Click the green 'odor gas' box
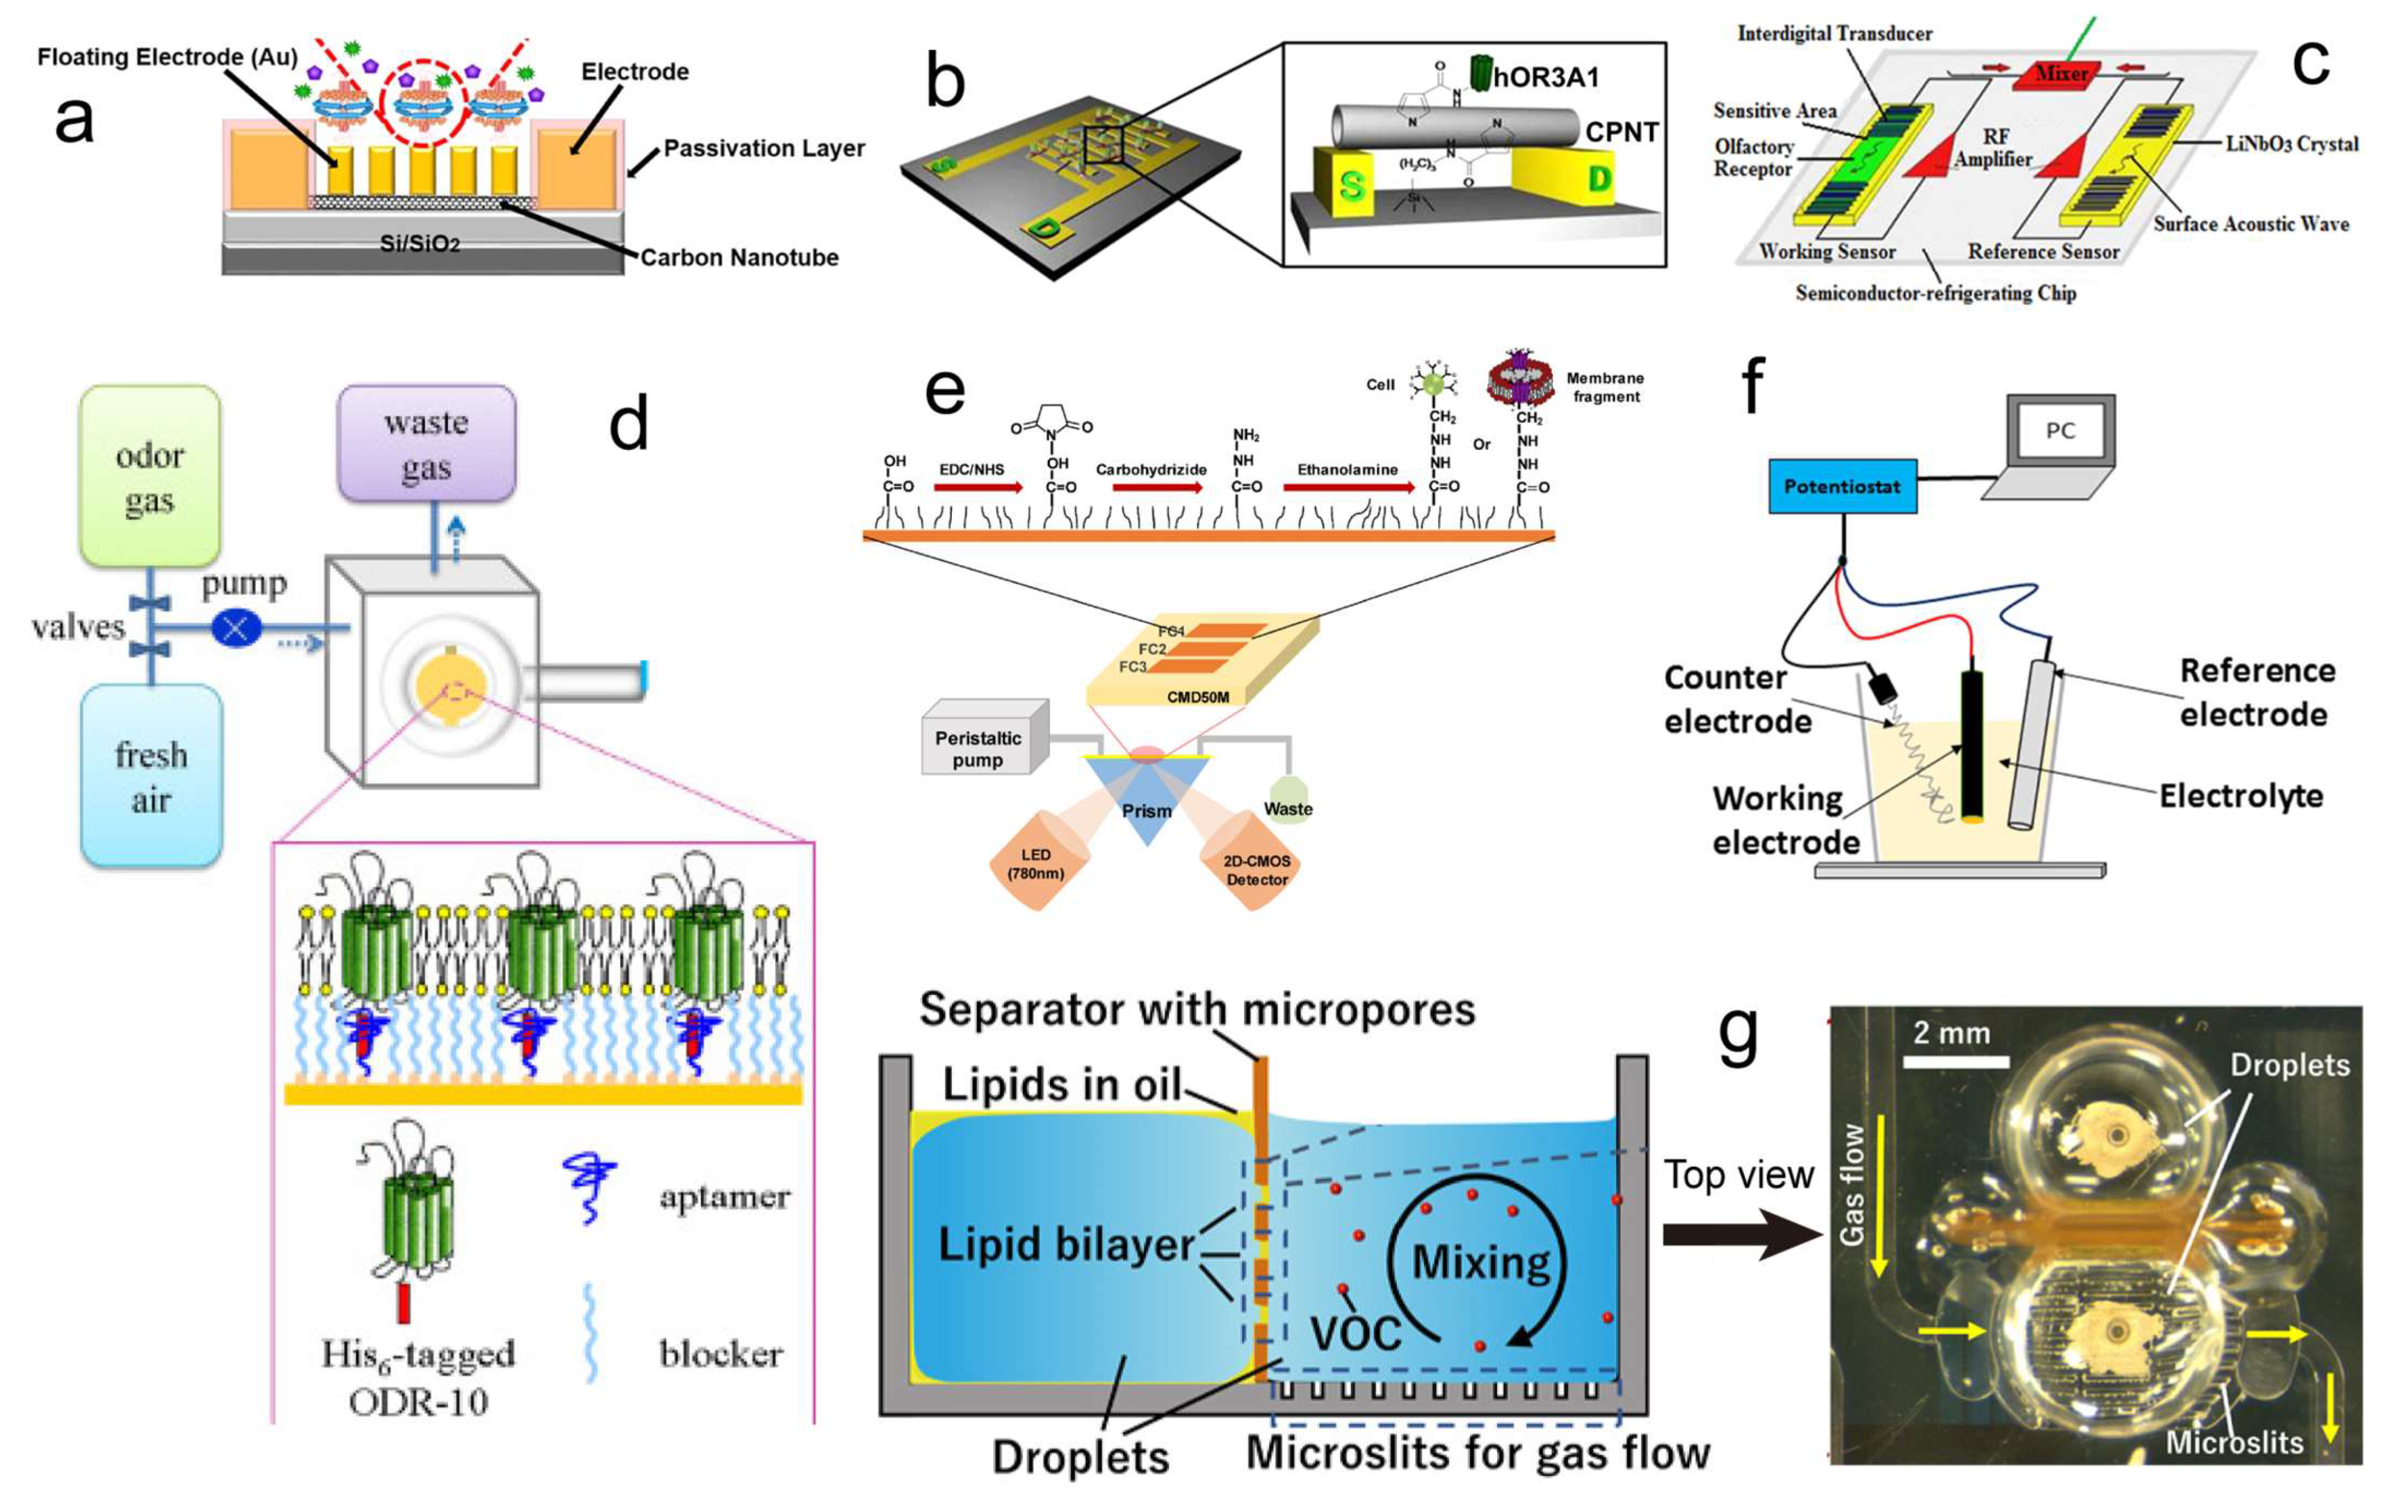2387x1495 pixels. (149, 477)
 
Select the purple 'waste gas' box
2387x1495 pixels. (426, 444)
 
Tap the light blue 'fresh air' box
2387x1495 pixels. (150, 776)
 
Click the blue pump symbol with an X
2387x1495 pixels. (236, 627)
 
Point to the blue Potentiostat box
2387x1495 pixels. (1842, 486)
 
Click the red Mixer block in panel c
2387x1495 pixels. (2062, 73)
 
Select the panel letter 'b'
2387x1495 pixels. (945, 83)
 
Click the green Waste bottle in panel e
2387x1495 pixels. (1287, 794)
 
